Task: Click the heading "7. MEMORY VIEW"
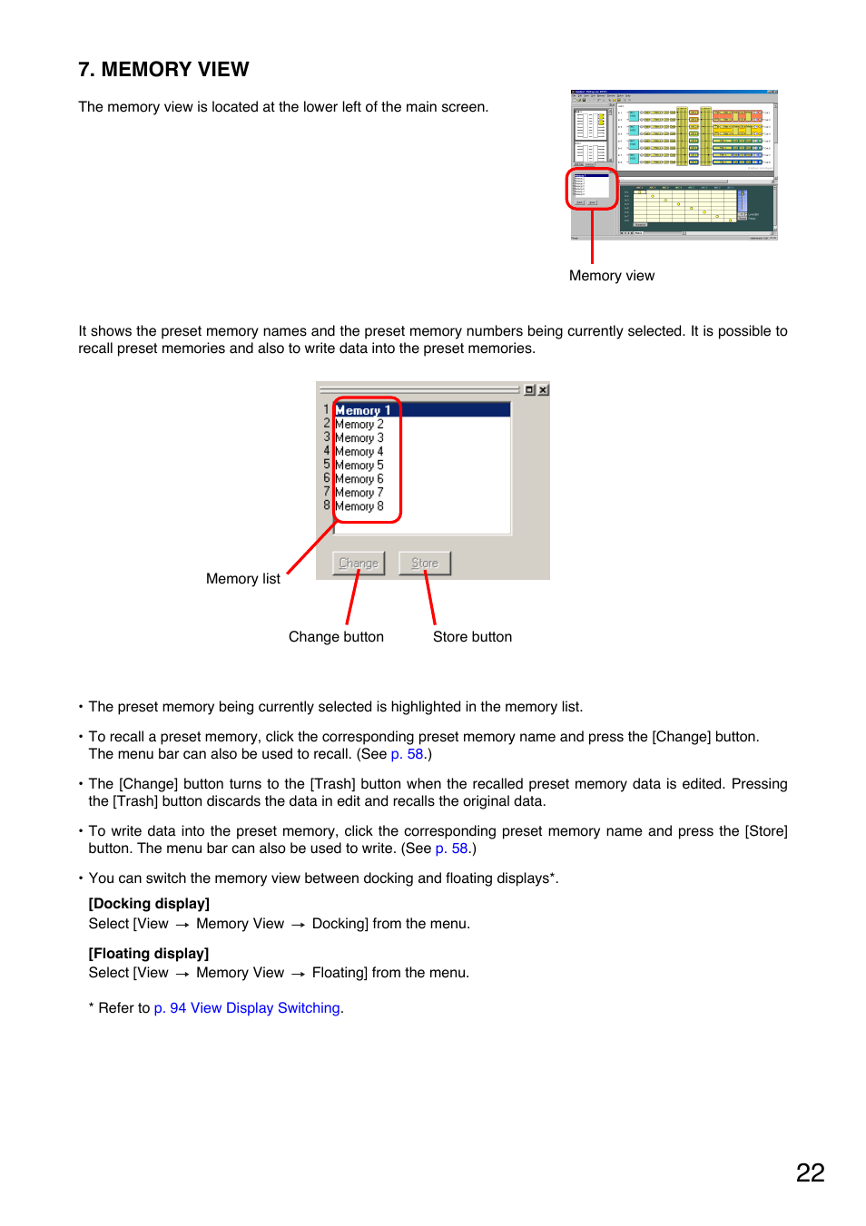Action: pyautogui.click(x=163, y=70)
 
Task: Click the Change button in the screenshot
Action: pyautogui.click(x=359, y=564)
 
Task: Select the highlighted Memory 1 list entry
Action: pyautogui.click(x=363, y=410)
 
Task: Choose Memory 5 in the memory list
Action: pyautogui.click(x=359, y=466)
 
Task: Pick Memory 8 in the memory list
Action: pyautogui.click(x=359, y=506)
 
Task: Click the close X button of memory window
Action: pyautogui.click(x=543, y=390)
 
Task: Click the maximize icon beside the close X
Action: pyautogui.click(x=529, y=390)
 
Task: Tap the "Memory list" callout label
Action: pyautogui.click(x=242, y=579)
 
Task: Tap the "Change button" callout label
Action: pyautogui.click(x=336, y=637)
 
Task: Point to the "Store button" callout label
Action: pyautogui.click(x=472, y=637)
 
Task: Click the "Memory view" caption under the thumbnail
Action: pyautogui.click(x=611, y=276)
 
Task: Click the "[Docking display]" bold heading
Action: pyautogui.click(x=149, y=904)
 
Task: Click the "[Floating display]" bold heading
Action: pyautogui.click(x=149, y=954)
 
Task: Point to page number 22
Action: pyautogui.click(x=810, y=1172)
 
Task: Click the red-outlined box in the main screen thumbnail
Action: pyautogui.click(x=592, y=189)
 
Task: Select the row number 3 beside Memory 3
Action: pyautogui.click(x=327, y=437)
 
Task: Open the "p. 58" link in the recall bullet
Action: pyautogui.click(x=407, y=754)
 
